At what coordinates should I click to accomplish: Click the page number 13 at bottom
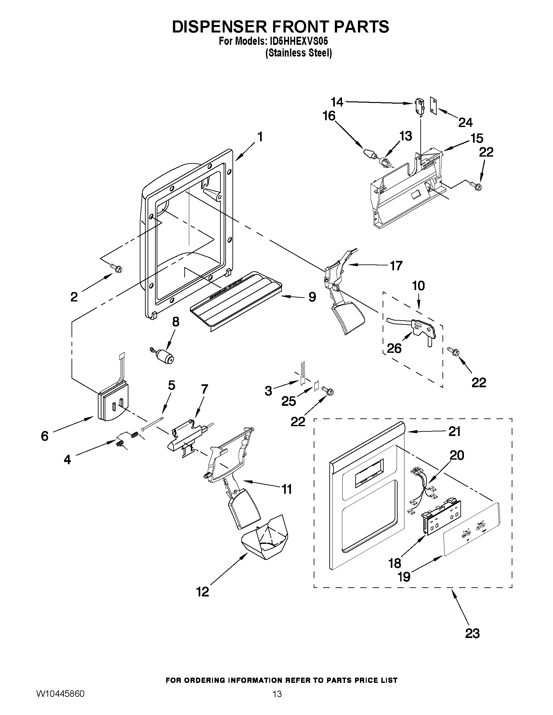tap(277, 703)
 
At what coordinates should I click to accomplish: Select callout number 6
tap(45, 436)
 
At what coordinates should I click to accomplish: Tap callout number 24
tap(465, 122)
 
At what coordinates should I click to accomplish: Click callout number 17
tap(396, 266)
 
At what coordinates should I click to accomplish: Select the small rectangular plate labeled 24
tap(434, 106)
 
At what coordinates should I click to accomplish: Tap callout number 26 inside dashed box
tap(394, 348)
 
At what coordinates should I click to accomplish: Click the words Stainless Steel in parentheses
tap(298, 53)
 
